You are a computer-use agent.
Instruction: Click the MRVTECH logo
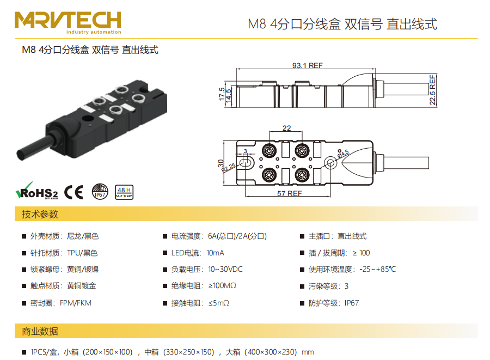pos(68,22)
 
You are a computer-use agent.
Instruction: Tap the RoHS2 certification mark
pos(37,191)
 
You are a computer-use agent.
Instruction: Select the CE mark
pos(73,192)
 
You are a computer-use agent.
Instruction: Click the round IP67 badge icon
pos(100,191)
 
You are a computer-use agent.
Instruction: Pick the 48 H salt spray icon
pos(124,192)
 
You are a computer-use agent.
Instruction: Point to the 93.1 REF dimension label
pos(307,65)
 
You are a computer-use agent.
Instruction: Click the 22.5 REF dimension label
pos(432,89)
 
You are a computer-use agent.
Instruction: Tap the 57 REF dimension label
pos(290,193)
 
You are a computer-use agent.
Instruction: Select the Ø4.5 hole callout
pos(343,154)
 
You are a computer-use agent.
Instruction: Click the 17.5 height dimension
pos(222,94)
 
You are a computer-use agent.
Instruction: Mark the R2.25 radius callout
pos(229,168)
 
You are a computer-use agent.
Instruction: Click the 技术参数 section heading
pos(40,214)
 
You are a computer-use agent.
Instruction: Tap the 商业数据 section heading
pos(40,331)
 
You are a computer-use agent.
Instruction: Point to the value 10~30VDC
pos(225,269)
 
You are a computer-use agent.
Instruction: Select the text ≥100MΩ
pos(222,285)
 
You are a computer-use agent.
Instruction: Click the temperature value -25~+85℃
pos(377,269)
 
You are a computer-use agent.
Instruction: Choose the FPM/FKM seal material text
pos(76,303)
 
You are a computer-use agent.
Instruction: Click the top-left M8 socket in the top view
pos(269,151)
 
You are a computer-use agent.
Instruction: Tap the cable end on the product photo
pos(21,155)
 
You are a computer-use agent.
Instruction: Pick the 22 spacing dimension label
pos(286,128)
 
